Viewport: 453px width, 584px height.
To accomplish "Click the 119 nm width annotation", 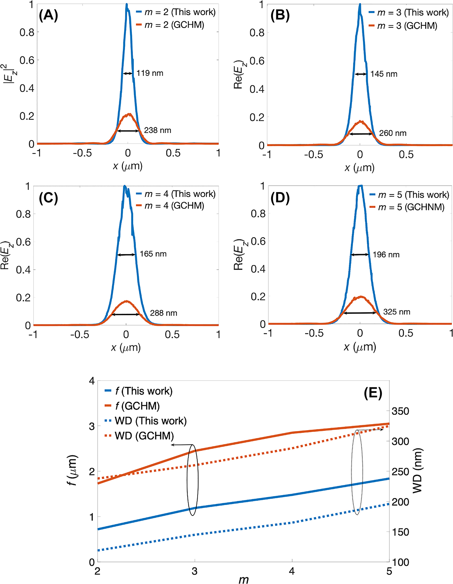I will click(x=150, y=73).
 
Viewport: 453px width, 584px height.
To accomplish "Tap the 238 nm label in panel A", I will click(x=158, y=130).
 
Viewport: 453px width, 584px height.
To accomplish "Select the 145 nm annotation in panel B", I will click(x=383, y=74).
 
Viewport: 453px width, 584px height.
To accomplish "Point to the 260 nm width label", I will click(x=392, y=133).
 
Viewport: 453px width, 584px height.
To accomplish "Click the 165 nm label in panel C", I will click(x=153, y=254).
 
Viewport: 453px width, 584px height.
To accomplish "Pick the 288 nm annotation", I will click(x=163, y=313).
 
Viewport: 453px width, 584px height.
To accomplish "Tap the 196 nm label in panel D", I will click(x=386, y=255).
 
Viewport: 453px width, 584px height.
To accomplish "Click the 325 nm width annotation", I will click(x=397, y=312).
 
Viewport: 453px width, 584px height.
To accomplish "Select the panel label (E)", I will click(x=373, y=393).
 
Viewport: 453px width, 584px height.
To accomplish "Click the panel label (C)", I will click(x=48, y=198).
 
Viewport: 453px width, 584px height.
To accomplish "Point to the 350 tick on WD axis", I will click(x=400, y=411).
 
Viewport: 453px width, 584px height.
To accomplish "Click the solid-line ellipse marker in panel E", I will click(x=192, y=480).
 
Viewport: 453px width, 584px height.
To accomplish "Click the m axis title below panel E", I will click(x=243, y=579).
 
